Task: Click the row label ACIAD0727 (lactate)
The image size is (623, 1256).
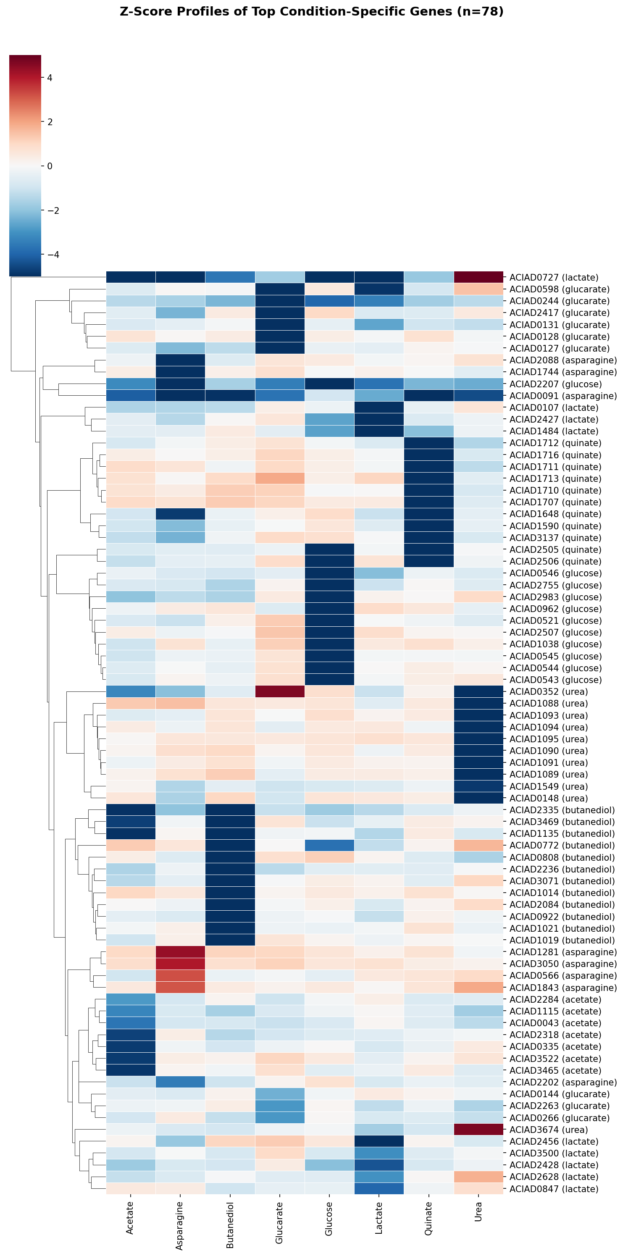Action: pyautogui.click(x=553, y=277)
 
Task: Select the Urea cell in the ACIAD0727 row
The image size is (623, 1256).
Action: pyautogui.click(x=478, y=277)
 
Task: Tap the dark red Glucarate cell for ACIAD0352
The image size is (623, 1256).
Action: pyautogui.click(x=279, y=691)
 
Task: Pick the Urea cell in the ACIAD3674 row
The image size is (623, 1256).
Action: pyautogui.click(x=478, y=1130)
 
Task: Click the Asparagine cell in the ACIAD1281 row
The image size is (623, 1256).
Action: pyautogui.click(x=180, y=952)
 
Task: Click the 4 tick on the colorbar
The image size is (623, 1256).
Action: pyautogui.click(x=50, y=78)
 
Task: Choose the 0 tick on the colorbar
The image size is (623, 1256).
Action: pyautogui.click(x=50, y=166)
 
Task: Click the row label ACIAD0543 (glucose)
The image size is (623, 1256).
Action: pyautogui.click(x=555, y=680)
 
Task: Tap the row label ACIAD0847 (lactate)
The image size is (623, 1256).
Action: pyautogui.click(x=553, y=1189)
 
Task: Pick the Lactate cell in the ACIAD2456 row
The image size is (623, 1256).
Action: pyautogui.click(x=379, y=1141)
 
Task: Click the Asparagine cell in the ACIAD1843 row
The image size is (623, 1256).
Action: pyautogui.click(x=180, y=987)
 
